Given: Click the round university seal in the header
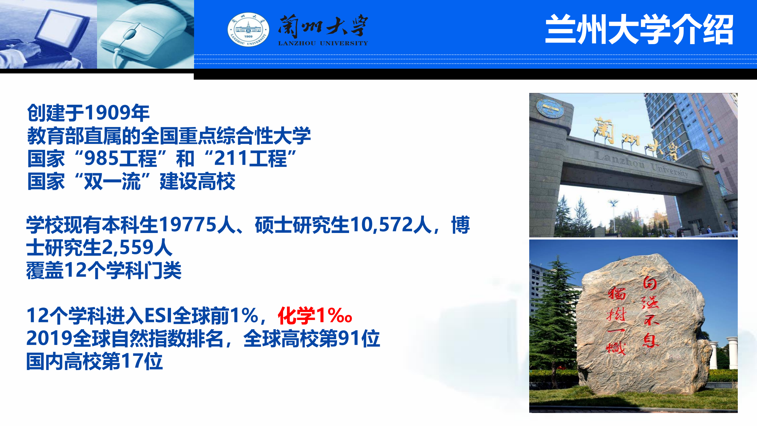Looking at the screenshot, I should pos(248,30).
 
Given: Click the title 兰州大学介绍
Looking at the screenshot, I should pos(639,30).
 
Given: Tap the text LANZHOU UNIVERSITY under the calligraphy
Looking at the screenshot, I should pos(323,44).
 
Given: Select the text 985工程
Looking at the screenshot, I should pos(120,158).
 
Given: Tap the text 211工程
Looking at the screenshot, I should pos(250,158).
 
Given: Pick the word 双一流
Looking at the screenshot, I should pos(112,181).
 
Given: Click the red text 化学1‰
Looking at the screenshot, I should pos(315,316).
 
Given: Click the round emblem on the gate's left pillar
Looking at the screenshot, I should pos(550,108).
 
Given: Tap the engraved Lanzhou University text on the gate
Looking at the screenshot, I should pos(641,165).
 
